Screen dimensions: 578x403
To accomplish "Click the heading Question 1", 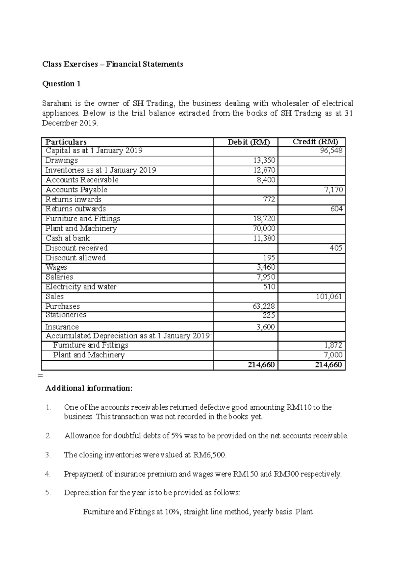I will [x=61, y=84].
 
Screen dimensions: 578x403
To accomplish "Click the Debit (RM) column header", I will [x=249, y=142].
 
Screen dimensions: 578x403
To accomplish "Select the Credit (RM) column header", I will [x=315, y=142].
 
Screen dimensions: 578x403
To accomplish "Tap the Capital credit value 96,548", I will [x=331, y=151].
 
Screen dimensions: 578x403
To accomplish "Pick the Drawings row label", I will [x=61, y=160].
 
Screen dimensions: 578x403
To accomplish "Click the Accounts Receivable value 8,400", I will [x=266, y=180].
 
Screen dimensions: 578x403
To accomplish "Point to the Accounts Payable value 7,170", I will [x=333, y=190].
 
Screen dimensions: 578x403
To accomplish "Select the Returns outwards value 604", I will [x=337, y=209].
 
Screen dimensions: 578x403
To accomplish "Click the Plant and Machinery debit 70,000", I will [x=264, y=228].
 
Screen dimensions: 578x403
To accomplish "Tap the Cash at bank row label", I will [x=68, y=238].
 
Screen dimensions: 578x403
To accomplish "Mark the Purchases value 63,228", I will [x=264, y=306].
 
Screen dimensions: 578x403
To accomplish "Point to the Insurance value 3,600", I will [x=265, y=327].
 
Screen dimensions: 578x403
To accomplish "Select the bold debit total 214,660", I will [x=261, y=365].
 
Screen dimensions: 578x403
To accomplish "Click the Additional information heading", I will [x=89, y=388].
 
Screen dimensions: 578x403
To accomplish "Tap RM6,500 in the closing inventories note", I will [x=210, y=455].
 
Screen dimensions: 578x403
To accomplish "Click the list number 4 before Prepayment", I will [x=48, y=474].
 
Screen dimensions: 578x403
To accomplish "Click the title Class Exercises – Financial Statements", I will [x=113, y=64].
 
